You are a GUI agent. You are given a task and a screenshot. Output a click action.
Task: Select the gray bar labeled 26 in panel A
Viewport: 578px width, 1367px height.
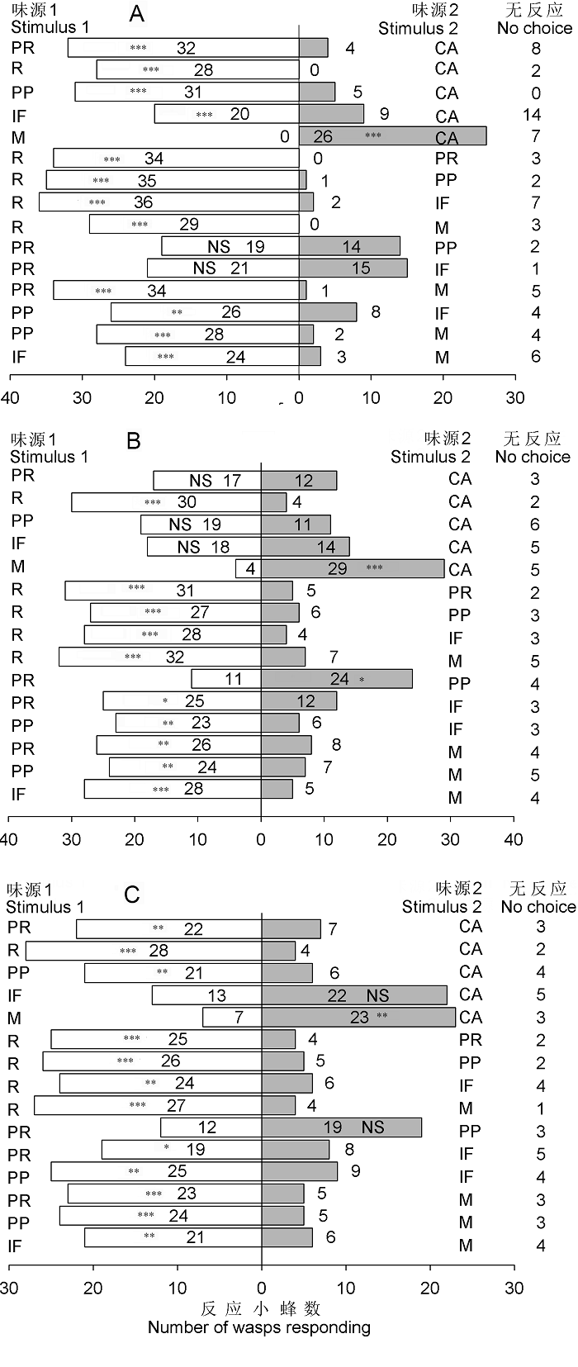(392, 135)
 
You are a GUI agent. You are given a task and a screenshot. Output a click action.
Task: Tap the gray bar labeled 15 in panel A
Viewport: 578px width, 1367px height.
(353, 268)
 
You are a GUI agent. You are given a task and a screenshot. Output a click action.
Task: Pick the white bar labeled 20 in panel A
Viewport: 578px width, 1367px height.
(226, 114)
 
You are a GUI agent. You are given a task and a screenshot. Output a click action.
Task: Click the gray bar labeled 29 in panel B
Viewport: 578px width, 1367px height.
(353, 568)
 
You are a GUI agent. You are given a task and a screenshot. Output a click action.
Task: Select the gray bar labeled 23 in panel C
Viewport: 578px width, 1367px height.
(358, 1017)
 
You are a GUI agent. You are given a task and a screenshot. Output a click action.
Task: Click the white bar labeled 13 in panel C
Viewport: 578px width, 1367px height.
(206, 995)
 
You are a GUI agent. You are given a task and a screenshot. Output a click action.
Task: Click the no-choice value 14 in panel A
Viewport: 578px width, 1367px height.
(535, 116)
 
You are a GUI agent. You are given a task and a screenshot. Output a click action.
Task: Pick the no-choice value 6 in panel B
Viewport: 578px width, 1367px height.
(535, 524)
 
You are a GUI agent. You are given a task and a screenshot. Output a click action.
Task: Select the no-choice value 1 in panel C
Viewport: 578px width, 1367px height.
(540, 1108)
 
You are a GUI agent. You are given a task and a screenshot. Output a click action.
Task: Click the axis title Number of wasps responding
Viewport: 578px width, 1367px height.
(259, 1327)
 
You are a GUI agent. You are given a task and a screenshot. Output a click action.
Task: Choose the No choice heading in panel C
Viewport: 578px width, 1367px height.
(538, 907)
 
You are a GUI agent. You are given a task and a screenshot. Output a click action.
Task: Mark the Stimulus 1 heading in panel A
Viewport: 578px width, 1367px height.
(50, 27)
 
